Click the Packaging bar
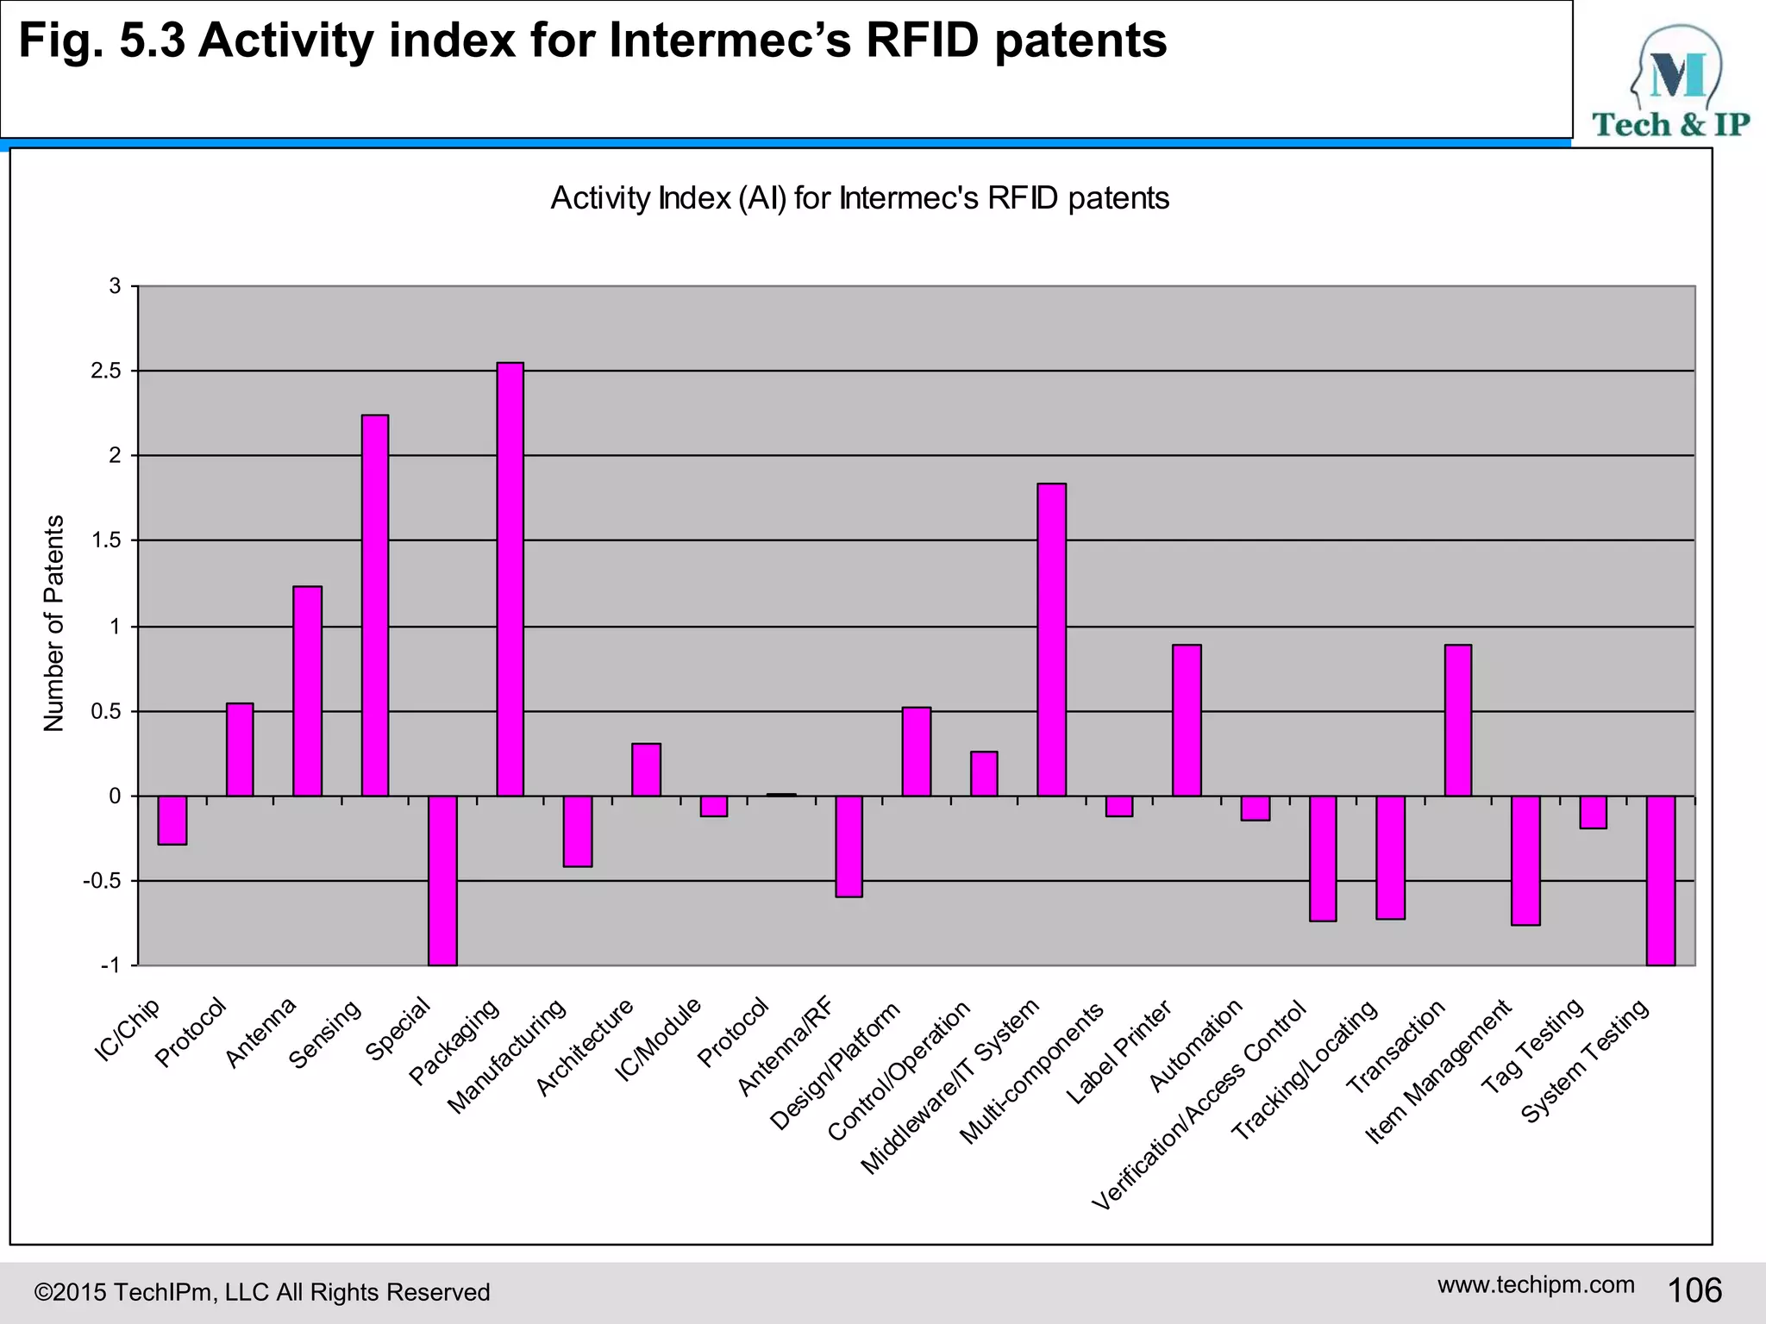click(x=510, y=579)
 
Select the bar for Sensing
click(x=374, y=605)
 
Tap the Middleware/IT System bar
click(x=1051, y=640)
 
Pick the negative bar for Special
click(x=442, y=880)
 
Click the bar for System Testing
click(x=1660, y=880)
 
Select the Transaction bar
click(x=1457, y=720)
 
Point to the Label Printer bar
click(x=1187, y=720)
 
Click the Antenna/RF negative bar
click(x=849, y=846)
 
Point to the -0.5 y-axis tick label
click(x=101, y=881)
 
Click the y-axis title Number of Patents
click(x=53, y=623)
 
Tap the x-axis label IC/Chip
click(x=127, y=1031)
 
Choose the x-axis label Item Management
click(x=1438, y=1072)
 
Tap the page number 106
click(x=1694, y=1290)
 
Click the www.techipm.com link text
click(x=1535, y=1284)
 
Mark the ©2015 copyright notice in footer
click(x=261, y=1292)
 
